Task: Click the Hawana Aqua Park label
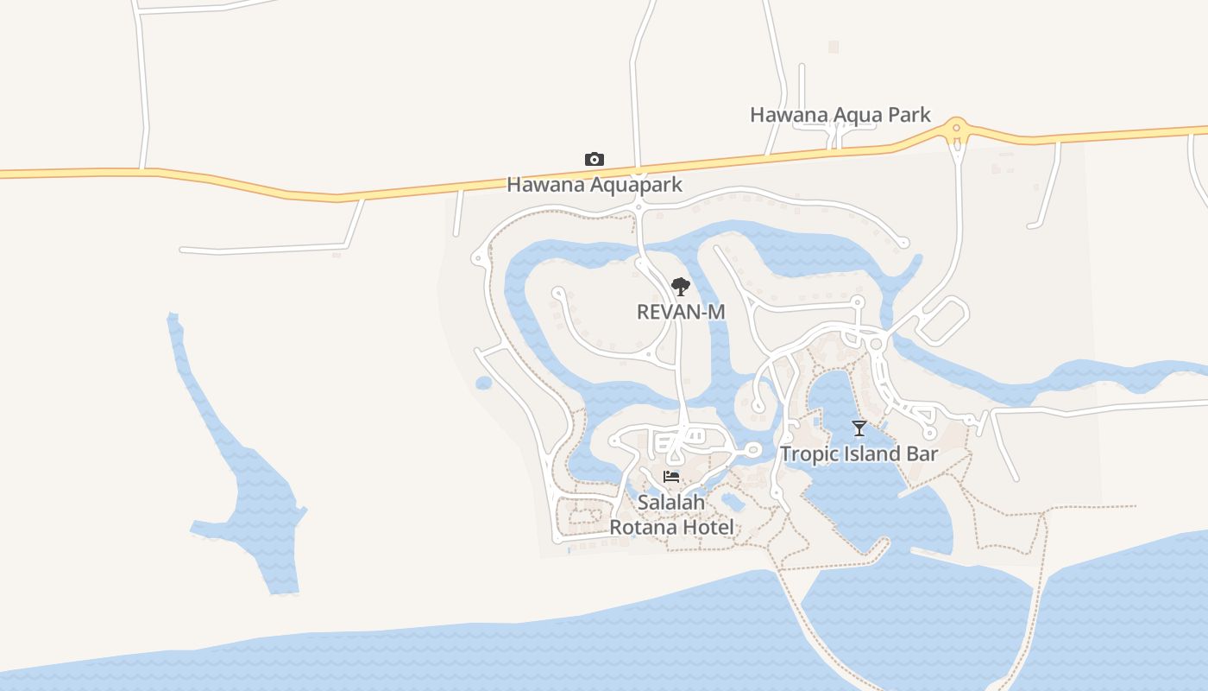(x=840, y=115)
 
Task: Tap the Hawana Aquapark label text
(x=594, y=185)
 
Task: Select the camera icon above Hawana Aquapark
(x=594, y=160)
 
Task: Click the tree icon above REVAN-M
(x=681, y=287)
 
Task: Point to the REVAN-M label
(x=681, y=312)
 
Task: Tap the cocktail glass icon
(x=859, y=428)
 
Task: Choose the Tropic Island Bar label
(x=859, y=454)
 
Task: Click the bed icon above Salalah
(x=671, y=477)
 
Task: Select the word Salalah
(x=671, y=503)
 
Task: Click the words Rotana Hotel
(x=671, y=528)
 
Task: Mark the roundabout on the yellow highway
(x=955, y=130)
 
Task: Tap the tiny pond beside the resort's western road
(x=483, y=383)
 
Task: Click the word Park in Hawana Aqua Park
(x=911, y=115)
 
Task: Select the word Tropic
(x=809, y=454)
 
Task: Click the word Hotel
(x=705, y=528)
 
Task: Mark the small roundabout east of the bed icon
(x=752, y=449)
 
